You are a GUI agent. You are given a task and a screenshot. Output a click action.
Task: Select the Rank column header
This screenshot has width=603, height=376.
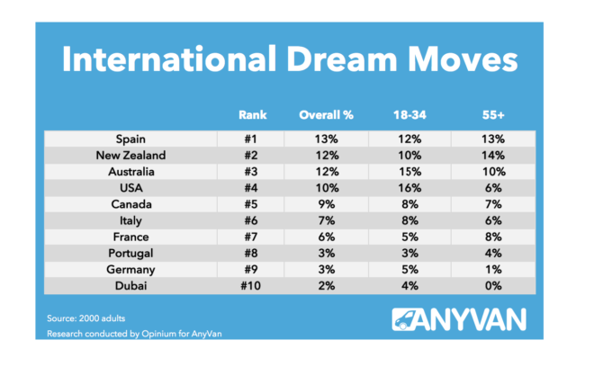[x=251, y=115]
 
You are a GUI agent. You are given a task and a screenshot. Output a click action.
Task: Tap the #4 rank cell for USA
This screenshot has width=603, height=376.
[x=251, y=187]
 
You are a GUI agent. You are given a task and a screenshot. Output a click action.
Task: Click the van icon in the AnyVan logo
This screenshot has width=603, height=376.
[x=410, y=321]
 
